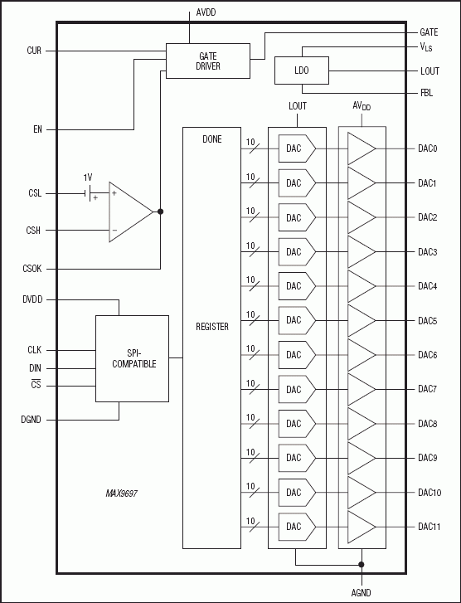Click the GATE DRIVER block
[208, 61]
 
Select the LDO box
[302, 71]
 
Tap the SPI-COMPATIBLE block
[132, 358]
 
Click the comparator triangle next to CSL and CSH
[129, 212]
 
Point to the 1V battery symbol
[89, 193]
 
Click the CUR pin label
[34, 51]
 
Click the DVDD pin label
[32, 299]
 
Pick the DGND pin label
[32, 420]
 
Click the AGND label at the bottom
[362, 592]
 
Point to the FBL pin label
[427, 93]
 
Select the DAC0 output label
[428, 148]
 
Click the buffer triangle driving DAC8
[361, 423]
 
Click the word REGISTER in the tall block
[211, 327]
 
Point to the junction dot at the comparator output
[160, 212]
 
